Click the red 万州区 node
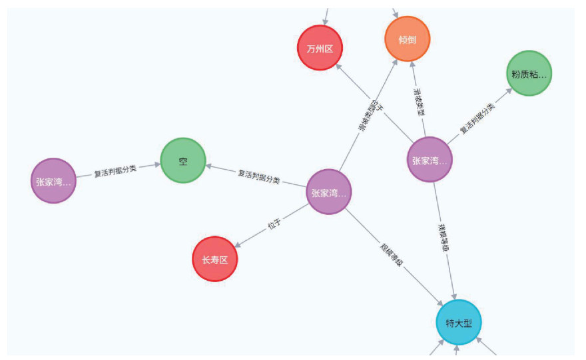[320, 48]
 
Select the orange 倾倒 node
[408, 39]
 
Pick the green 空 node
[182, 161]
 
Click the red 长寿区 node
[214, 259]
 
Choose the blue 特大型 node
[459, 323]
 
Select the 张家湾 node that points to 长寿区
[329, 192]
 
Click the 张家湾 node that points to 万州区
[430, 160]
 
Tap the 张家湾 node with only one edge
[53, 180]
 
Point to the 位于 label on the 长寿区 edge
[274, 225]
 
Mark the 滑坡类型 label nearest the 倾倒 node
[419, 100]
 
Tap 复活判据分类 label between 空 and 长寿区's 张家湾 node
[258, 177]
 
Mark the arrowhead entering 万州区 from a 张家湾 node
[341, 69]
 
